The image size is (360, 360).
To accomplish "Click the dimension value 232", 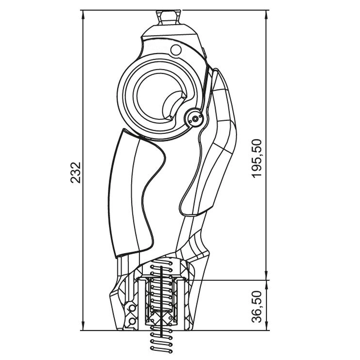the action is pyautogui.click(x=76, y=173).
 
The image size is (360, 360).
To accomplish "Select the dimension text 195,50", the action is pyautogui.click(x=256, y=158).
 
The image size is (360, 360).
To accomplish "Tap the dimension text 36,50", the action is pyautogui.click(x=256, y=307).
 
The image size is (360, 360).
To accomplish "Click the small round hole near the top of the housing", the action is pyautogui.click(x=176, y=50).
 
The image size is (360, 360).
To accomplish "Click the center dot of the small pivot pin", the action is pyautogui.click(x=195, y=119).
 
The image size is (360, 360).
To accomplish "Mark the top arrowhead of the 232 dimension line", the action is pyautogui.click(x=83, y=14).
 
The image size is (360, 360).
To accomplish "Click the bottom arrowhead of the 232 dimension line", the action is pyautogui.click(x=83, y=326).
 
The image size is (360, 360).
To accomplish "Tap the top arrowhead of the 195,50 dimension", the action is pyautogui.click(x=266, y=14).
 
